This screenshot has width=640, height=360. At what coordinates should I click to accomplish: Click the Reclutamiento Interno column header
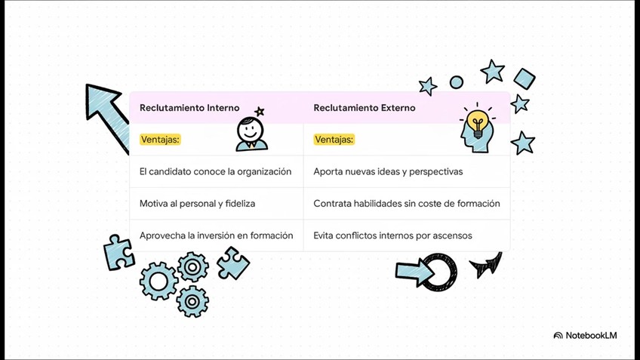pyautogui.click(x=189, y=108)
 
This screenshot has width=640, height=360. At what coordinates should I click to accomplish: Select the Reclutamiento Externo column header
pyautogui.click(x=365, y=108)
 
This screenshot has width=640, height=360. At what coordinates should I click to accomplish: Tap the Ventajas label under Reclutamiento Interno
pyautogui.click(x=160, y=140)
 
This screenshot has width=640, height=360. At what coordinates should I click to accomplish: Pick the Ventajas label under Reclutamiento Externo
pyautogui.click(x=334, y=140)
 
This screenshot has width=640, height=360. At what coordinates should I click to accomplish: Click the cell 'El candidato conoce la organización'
pyautogui.click(x=215, y=171)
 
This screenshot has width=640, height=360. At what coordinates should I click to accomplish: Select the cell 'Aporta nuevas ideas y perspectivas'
pyautogui.click(x=388, y=171)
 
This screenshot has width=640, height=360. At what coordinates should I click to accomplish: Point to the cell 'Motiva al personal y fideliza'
pyautogui.click(x=197, y=204)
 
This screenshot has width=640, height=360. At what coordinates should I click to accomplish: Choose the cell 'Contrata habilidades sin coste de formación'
pyautogui.click(x=406, y=204)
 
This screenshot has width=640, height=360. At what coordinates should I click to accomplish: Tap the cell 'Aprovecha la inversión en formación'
pyautogui.click(x=216, y=235)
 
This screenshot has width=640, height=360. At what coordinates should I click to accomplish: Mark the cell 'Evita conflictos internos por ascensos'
pyautogui.click(x=392, y=235)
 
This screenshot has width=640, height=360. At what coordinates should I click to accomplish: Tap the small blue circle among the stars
pyautogui.click(x=457, y=82)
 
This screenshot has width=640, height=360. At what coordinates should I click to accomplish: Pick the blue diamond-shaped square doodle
pyautogui.click(x=524, y=78)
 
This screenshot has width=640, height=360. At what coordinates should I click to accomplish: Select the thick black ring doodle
pyautogui.click(x=438, y=272)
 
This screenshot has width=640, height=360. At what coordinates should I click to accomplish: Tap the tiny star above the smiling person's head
pyautogui.click(x=260, y=112)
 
